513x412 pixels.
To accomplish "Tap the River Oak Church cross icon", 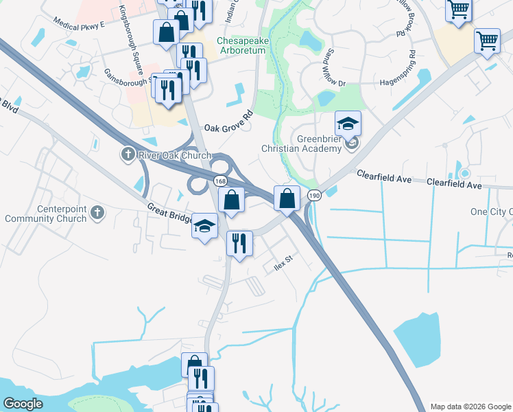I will pyautogui.click(x=128, y=154).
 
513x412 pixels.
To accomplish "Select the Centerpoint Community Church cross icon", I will pyautogui.click(x=97, y=212).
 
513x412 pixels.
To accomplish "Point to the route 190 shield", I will pyautogui.click(x=314, y=195).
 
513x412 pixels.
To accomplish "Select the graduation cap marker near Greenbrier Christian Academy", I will pyautogui.click(x=348, y=124).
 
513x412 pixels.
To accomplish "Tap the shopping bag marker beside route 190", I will pyautogui.click(x=287, y=198).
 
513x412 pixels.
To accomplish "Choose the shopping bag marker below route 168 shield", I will pyautogui.click(x=232, y=200).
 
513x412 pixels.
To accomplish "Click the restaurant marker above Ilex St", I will pyautogui.click(x=239, y=244).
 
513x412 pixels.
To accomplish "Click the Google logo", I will pyautogui.click(x=23, y=404).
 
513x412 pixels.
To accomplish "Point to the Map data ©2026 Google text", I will pyautogui.click(x=470, y=407).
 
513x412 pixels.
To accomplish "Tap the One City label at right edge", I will pyautogui.click(x=491, y=211).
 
